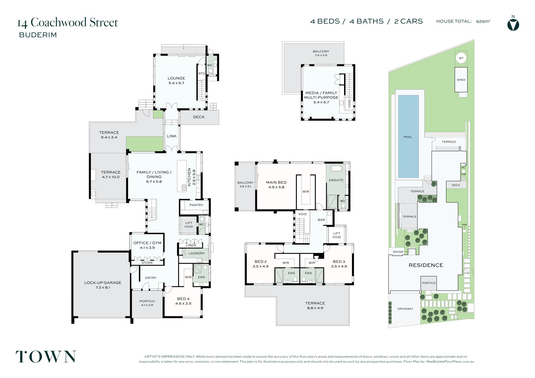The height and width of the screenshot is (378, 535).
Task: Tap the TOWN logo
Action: [x=46, y=357]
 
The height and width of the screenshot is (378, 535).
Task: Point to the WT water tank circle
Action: [x=461, y=58]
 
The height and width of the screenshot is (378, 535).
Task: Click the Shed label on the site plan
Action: [x=461, y=80]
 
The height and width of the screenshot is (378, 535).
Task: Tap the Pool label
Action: [x=408, y=137]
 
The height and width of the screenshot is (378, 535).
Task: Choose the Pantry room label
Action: [x=196, y=205]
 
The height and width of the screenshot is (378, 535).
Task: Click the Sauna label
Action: [x=398, y=252]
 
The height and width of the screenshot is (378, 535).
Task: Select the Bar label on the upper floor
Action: [x=321, y=220]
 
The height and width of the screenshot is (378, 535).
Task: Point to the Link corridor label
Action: [x=172, y=136]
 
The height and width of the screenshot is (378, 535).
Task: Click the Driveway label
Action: [x=405, y=309]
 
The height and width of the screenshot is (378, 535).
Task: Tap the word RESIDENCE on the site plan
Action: [x=426, y=265]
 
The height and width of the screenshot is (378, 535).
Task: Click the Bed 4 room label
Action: [x=183, y=299]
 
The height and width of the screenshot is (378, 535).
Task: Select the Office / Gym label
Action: [x=147, y=243]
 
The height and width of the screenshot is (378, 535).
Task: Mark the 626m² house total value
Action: [x=483, y=21]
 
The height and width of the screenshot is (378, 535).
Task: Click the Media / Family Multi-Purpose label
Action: [x=321, y=95]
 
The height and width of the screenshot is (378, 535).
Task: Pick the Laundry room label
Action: [x=197, y=253]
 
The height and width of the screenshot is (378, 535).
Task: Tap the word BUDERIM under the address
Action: [x=38, y=35]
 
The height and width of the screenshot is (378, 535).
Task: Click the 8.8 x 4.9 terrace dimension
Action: [x=315, y=308]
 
